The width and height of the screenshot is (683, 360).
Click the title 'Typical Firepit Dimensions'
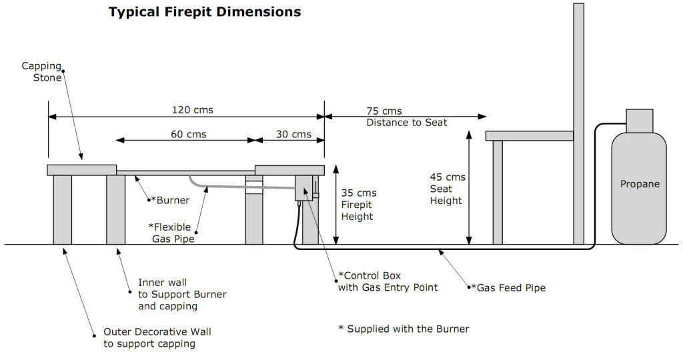point(205,12)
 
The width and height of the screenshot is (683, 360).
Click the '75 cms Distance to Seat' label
point(406,117)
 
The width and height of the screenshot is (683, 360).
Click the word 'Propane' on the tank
point(640,184)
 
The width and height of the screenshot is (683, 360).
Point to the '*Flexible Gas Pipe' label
point(173,233)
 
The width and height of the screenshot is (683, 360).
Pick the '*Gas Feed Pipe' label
point(508,288)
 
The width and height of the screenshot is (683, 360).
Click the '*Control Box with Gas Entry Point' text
point(388,281)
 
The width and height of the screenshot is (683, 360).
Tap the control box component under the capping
point(305,187)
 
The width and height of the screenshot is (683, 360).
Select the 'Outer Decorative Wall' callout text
point(157,337)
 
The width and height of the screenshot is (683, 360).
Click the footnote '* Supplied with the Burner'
point(404,329)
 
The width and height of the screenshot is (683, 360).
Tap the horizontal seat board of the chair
point(530,136)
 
